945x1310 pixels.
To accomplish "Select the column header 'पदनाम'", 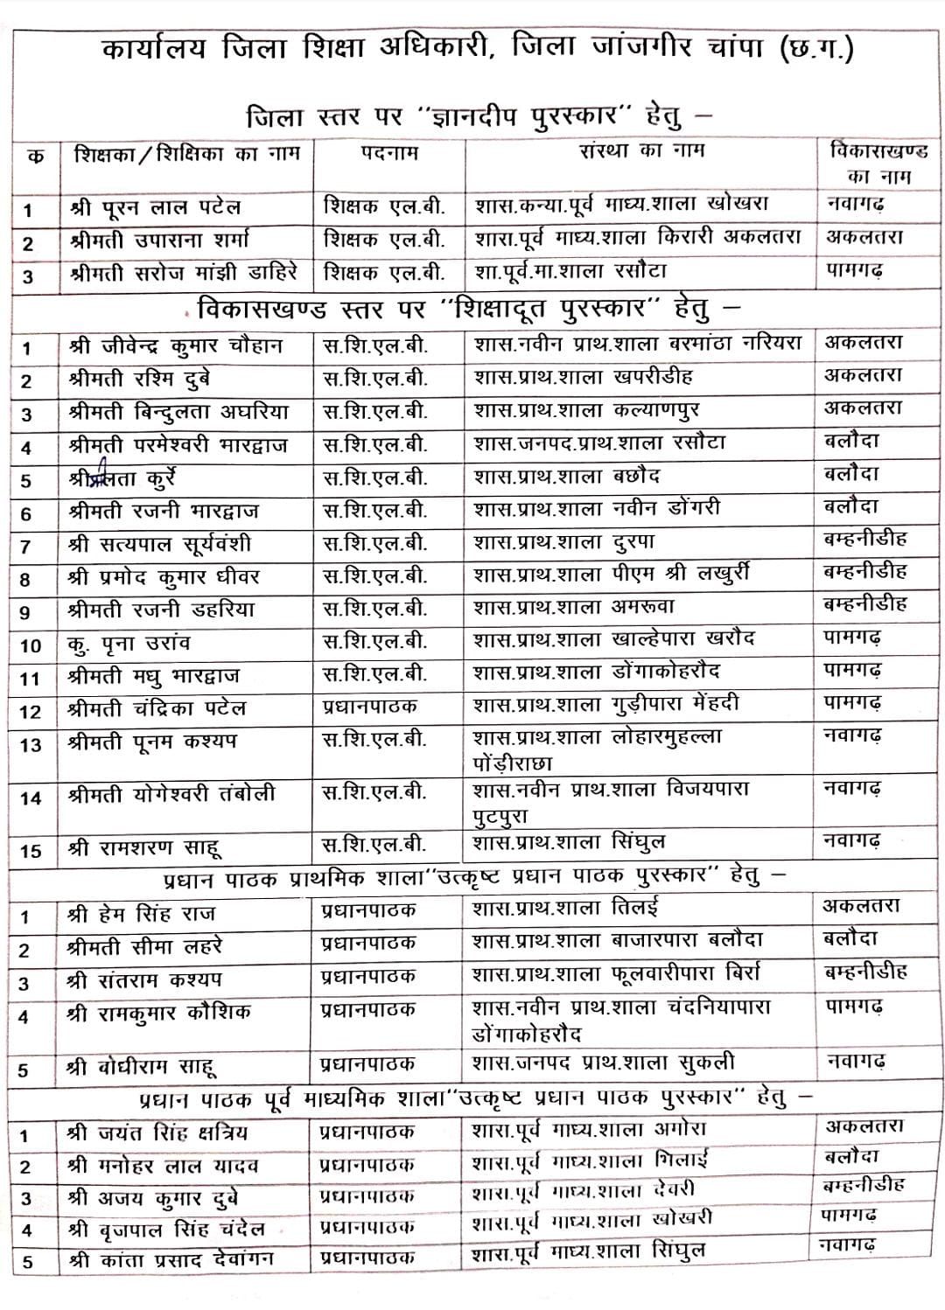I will [389, 153].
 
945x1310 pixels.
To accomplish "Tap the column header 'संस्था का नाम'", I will [641, 151].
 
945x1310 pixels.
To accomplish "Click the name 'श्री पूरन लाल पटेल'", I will [155, 208].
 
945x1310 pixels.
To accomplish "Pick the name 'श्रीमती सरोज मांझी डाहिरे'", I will [183, 273].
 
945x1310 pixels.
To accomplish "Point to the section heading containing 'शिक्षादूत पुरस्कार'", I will [467, 309].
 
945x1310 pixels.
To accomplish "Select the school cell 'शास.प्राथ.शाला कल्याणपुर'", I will [586, 410].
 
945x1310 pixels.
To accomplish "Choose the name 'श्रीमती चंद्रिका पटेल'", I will [157, 707].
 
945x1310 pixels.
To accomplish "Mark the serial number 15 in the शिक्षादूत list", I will [31, 850].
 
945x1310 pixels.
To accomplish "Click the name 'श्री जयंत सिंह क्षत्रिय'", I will [157, 1133].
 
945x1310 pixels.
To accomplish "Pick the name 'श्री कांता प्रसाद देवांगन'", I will [170, 1260].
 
